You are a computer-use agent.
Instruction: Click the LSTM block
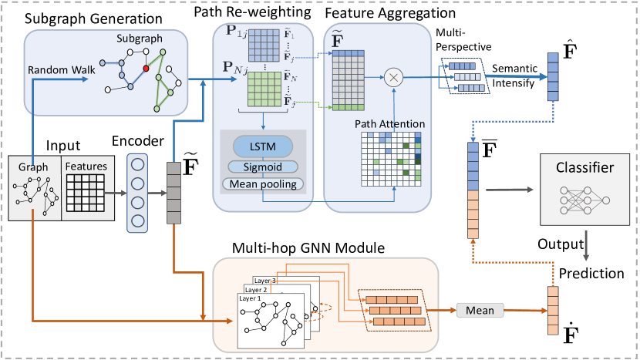click(x=263, y=147)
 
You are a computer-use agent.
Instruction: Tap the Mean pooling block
click(x=263, y=183)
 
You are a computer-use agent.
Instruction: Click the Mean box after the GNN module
click(x=480, y=310)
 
